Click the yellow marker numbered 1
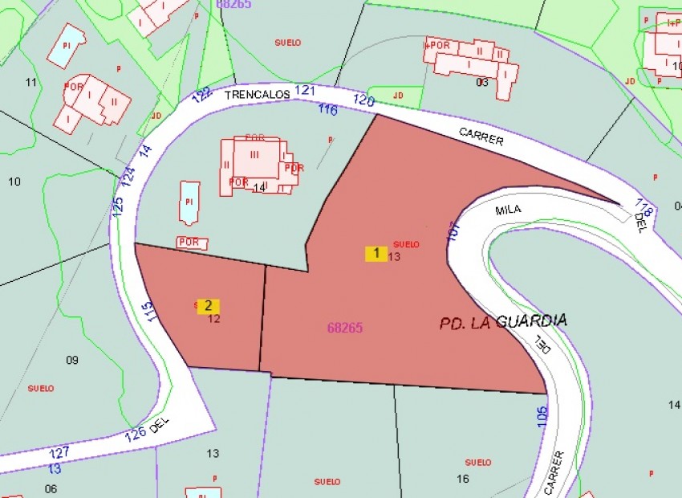coord(376,254)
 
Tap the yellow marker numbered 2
coord(208,306)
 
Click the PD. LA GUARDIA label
coord(503,321)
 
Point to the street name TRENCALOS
coord(255,94)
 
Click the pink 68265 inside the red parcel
coord(345,328)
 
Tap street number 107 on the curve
coord(453,231)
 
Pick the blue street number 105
coord(542,415)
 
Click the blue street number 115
coord(146,312)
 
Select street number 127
coord(59,453)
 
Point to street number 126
coord(136,435)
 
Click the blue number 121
coord(305,91)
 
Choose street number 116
coord(327,109)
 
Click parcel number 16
coord(462,479)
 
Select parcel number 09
coord(72,360)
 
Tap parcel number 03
coord(481,82)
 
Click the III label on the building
coord(255,154)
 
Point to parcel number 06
coord(51,488)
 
